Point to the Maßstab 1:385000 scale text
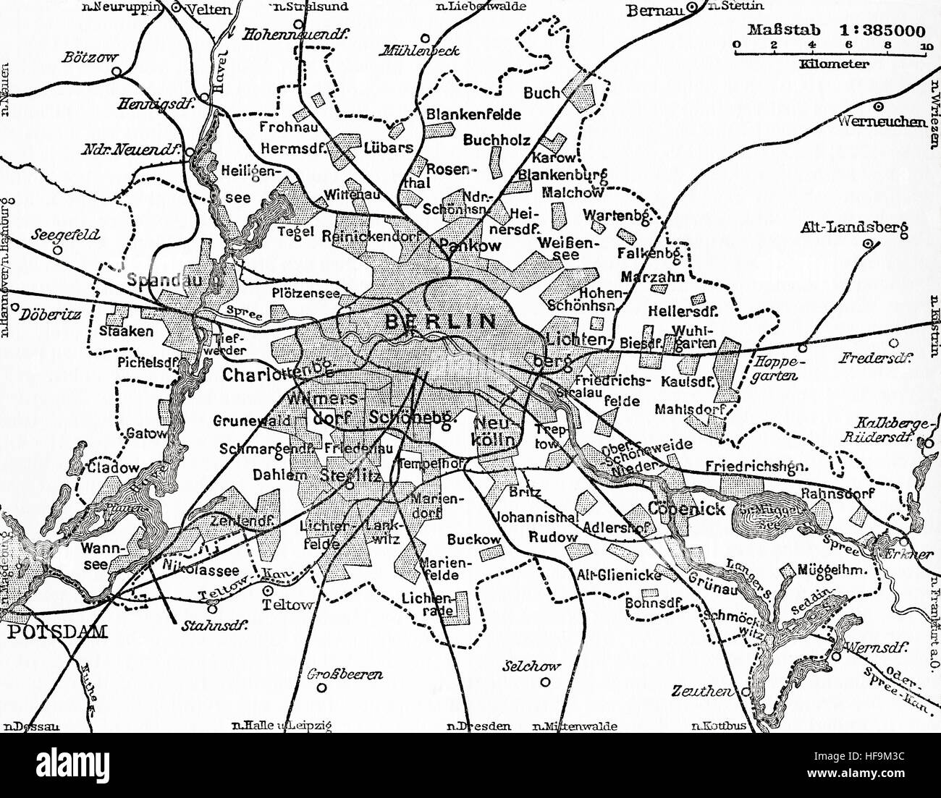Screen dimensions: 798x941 [x=827, y=31]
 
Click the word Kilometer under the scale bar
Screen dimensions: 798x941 [x=834, y=64]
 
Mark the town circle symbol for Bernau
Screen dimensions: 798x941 [x=691, y=8]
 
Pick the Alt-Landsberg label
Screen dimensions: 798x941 [x=853, y=227]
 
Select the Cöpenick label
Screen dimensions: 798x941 [x=687, y=509]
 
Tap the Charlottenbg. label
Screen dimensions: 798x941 [x=277, y=375]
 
